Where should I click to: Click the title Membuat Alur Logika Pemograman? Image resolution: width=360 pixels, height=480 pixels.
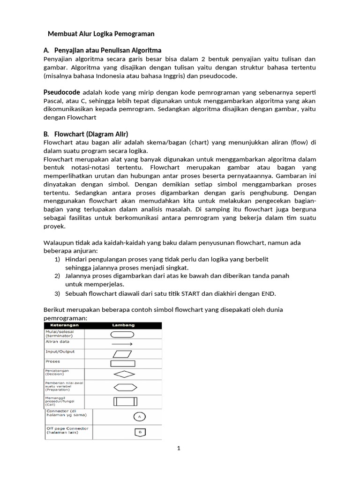pos(101,34)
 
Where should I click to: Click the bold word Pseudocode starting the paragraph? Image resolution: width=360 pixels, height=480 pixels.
pos(61,92)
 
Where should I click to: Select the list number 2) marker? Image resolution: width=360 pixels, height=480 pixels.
pos(57,276)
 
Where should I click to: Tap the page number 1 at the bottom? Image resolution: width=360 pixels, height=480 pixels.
pos(179,448)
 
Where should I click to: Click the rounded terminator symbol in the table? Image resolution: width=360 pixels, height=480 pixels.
pos(122,334)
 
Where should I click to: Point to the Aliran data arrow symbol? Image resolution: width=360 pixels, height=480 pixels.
pos(122,344)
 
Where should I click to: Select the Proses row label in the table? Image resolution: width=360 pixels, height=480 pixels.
pos(52,361)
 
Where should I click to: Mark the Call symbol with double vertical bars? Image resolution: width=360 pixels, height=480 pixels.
pos(125,401)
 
